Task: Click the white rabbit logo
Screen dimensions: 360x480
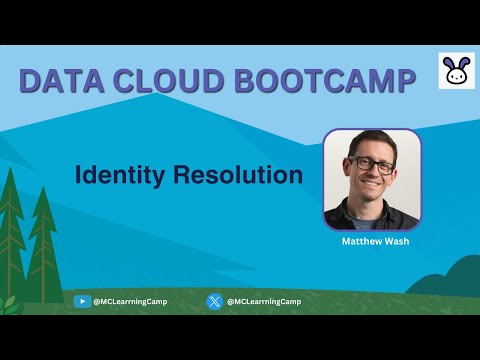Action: click(x=455, y=71)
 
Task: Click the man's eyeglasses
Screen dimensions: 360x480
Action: click(x=372, y=163)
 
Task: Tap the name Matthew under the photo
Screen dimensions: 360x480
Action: click(x=357, y=241)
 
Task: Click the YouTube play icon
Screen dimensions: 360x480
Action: click(x=82, y=301)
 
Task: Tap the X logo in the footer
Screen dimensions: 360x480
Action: click(x=214, y=301)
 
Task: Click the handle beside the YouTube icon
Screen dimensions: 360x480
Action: click(x=130, y=301)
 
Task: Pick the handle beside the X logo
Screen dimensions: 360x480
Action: click(x=263, y=301)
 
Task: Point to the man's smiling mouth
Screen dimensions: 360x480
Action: click(x=372, y=185)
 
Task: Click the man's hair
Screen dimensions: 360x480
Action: click(x=370, y=140)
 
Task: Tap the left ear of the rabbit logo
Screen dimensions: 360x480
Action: click(x=449, y=62)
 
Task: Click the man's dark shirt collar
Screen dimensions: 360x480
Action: click(x=372, y=212)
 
